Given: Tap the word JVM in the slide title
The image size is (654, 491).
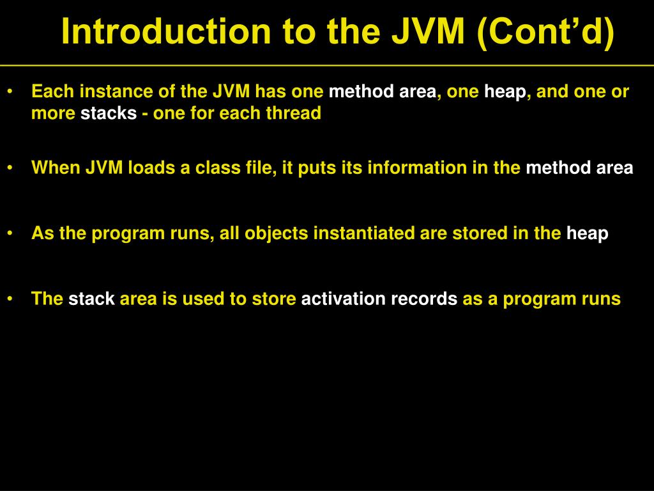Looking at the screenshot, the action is (428, 31).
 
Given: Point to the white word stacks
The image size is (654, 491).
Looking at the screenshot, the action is (109, 113).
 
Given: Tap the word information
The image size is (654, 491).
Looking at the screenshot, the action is (417, 168).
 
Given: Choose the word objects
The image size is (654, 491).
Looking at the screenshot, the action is (276, 233).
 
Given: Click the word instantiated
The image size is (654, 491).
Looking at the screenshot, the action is (363, 233).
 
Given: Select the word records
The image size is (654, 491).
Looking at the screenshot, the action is (424, 299).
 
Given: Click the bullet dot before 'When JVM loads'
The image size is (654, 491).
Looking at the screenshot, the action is (10, 168).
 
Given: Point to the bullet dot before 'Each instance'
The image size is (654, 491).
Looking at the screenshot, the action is (10, 91).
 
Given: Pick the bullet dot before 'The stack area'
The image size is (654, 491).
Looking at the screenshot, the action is (10, 299).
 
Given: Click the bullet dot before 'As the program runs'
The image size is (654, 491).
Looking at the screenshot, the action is (10, 233).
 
